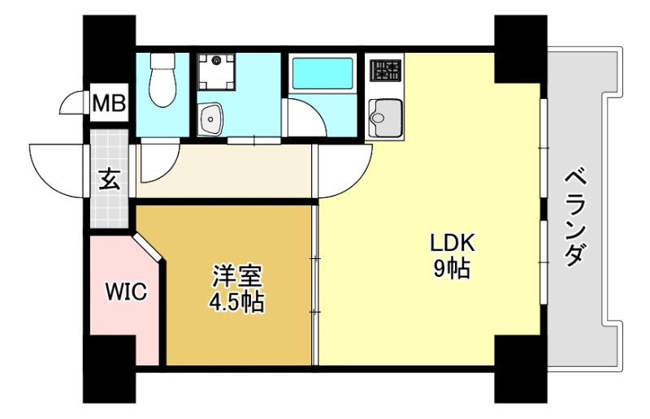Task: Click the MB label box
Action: point(109,103)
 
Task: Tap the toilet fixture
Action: point(162,81)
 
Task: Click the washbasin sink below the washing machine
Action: point(213,120)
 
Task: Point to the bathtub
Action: point(322,74)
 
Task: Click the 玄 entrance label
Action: point(109,179)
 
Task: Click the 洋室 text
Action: point(236,277)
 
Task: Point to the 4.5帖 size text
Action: point(236,303)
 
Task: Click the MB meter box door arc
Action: point(75,104)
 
